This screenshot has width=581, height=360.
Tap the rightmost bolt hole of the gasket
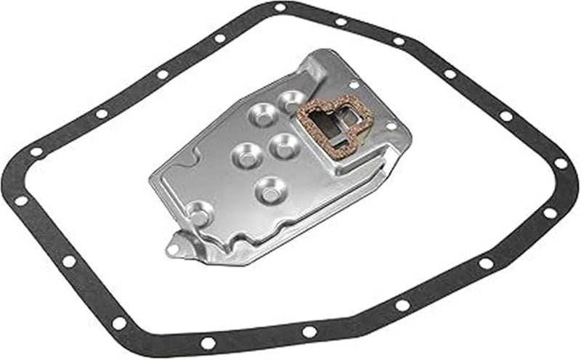click(561, 163)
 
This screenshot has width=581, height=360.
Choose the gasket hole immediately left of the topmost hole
click(219, 38)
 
